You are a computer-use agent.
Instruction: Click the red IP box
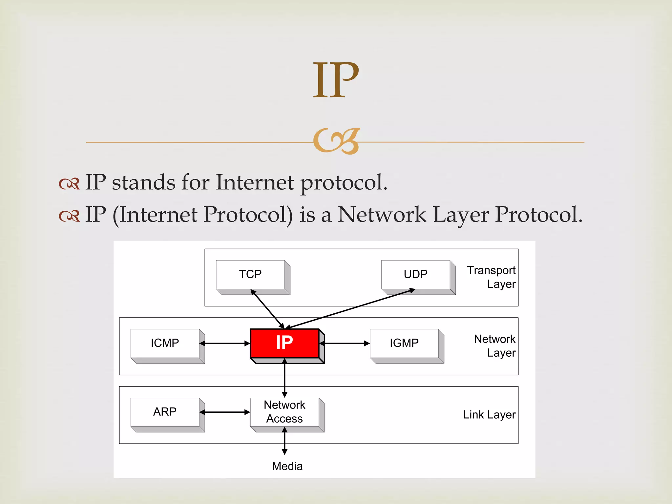(x=284, y=343)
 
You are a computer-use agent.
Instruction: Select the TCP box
(x=250, y=274)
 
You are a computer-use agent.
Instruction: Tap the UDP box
(x=415, y=274)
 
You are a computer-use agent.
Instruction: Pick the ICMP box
(x=165, y=343)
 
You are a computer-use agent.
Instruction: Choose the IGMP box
(x=404, y=343)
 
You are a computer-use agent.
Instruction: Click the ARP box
(x=165, y=412)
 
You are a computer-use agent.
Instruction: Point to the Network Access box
(x=284, y=412)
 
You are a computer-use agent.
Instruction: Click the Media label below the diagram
(x=287, y=466)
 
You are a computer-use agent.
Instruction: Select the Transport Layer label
(x=491, y=277)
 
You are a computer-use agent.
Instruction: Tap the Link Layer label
(x=489, y=415)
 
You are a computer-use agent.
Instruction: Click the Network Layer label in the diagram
(x=494, y=346)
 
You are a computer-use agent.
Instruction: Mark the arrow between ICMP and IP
(x=225, y=344)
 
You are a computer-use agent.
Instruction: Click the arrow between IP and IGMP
(x=345, y=344)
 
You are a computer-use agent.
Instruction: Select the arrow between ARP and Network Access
(x=225, y=412)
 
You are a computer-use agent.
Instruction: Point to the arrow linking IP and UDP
(x=351, y=309)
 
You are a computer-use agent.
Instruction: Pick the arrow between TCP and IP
(x=267, y=309)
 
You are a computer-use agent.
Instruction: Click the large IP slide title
(x=336, y=80)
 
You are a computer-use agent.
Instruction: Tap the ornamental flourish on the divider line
(x=336, y=141)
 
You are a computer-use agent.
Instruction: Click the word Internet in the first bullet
(x=255, y=182)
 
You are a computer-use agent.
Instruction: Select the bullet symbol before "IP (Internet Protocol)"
(x=69, y=216)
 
